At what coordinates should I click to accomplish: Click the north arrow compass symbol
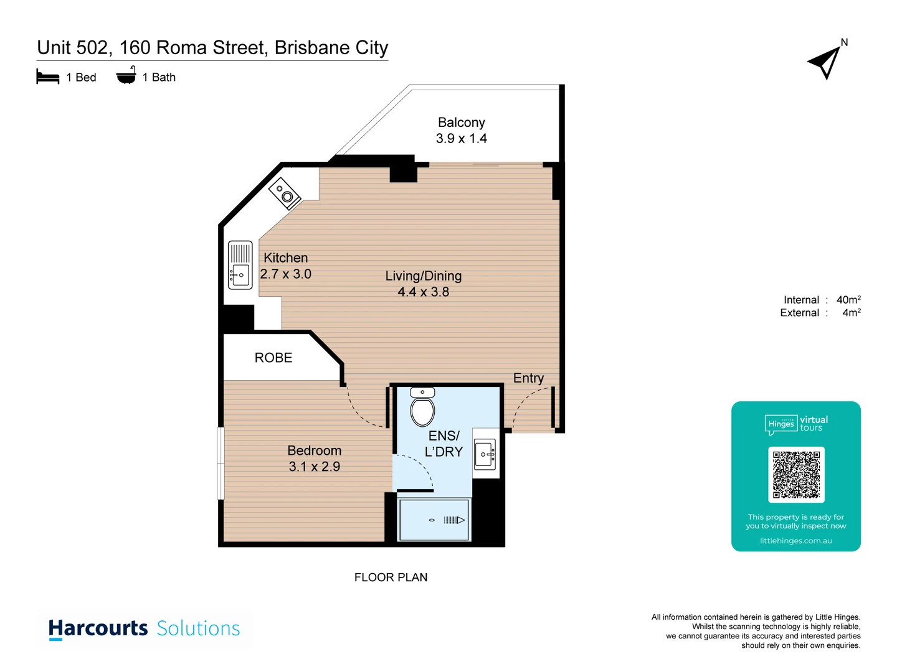tap(825, 62)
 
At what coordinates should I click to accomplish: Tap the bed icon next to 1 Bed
tap(47, 77)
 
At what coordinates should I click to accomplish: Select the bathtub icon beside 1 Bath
tap(126, 76)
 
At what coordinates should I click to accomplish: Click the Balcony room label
tap(461, 123)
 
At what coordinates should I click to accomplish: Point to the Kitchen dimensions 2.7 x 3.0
tap(285, 274)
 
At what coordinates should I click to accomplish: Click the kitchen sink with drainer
tap(240, 265)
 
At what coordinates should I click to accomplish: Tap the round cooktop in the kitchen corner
tap(285, 194)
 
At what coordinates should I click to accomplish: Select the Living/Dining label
tap(423, 276)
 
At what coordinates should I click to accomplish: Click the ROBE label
tap(273, 358)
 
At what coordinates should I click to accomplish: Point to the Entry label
tap(528, 378)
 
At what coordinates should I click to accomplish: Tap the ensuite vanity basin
tap(485, 454)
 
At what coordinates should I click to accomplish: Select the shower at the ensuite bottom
tap(434, 520)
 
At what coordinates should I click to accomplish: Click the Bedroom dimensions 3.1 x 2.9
tap(314, 467)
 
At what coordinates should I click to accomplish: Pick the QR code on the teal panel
tap(796, 475)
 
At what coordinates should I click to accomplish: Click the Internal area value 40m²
tap(848, 299)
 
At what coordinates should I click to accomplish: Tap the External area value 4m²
tap(851, 312)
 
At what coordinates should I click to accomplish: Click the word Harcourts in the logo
tap(98, 628)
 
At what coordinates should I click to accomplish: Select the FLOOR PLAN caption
tap(391, 577)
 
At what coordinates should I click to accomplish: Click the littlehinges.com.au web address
tap(795, 541)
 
